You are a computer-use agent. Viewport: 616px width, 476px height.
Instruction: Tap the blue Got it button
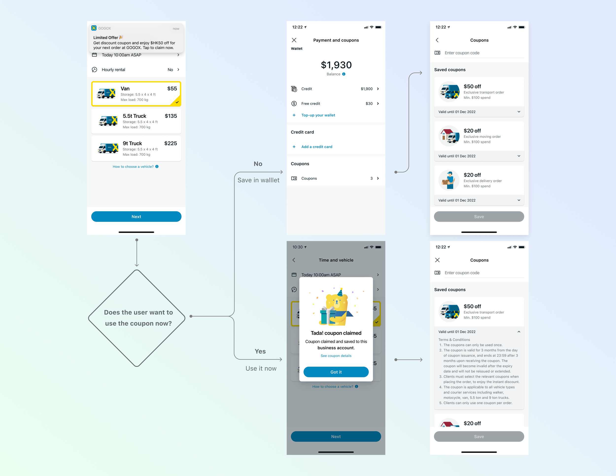336,372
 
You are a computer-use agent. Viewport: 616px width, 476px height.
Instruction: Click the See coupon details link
336,356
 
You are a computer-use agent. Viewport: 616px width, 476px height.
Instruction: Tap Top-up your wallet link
318,115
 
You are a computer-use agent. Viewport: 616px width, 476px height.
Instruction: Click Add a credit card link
316,147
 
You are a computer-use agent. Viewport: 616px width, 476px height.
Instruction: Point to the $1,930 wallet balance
336,65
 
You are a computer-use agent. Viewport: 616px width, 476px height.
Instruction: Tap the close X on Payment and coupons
294,40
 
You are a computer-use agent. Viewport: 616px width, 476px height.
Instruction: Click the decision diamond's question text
138,318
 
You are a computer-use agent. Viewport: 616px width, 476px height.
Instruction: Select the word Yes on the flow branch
260,351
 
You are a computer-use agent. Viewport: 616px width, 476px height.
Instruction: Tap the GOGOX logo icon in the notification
94,28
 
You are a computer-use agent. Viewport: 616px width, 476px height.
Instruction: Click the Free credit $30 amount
369,103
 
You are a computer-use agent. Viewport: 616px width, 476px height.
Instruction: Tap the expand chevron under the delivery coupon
519,200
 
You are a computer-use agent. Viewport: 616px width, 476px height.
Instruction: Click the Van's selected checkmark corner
177,102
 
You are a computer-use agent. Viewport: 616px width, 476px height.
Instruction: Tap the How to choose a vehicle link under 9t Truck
133,167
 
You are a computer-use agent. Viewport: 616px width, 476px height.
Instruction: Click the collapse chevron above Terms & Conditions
519,332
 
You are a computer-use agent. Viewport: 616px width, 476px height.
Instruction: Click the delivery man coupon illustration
449,180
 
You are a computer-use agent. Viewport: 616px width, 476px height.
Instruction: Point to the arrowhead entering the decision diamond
137,265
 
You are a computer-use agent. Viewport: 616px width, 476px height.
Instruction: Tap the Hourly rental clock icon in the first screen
94,70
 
